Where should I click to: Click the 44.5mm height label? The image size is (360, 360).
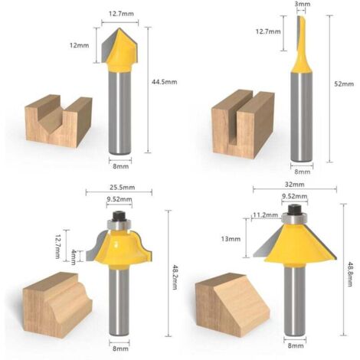tap(164, 82)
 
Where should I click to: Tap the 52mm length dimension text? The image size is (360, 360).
tap(344, 84)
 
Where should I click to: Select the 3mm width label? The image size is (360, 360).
tap(303, 4)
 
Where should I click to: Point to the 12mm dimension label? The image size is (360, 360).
tap(80, 45)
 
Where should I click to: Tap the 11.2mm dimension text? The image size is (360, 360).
tap(266, 215)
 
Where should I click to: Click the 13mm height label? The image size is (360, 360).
tap(231, 239)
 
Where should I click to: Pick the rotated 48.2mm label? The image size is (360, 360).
tap(175, 277)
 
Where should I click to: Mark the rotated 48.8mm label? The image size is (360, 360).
tap(349, 273)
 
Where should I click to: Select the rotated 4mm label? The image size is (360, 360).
tap(74, 257)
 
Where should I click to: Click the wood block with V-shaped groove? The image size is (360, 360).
tap(58, 121)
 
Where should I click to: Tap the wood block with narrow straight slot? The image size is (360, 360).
tap(244, 124)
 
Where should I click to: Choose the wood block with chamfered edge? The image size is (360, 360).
tap(232, 305)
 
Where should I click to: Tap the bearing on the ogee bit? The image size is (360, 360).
tap(119, 224)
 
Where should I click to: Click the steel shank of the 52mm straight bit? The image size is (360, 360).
tap(302, 116)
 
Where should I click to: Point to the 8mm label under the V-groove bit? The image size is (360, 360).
tap(121, 166)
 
